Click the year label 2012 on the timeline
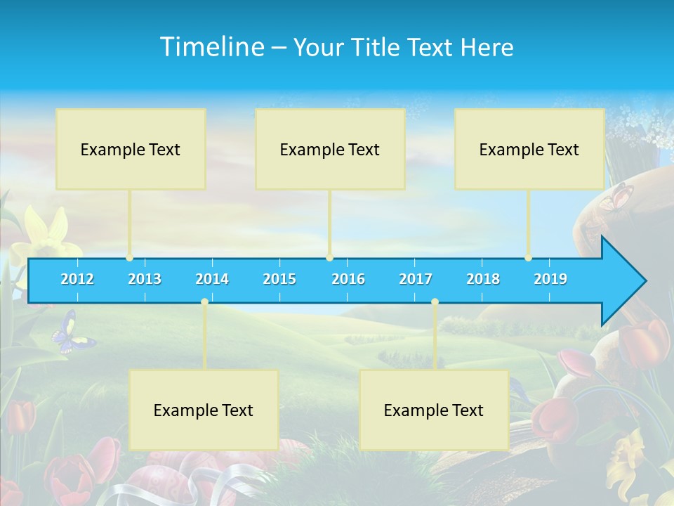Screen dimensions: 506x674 coord(77,279)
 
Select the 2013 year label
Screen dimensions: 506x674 coord(145,279)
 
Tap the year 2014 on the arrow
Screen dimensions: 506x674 coord(212,279)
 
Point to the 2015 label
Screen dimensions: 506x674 coord(279,279)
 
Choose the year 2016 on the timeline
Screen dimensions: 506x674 coord(348,279)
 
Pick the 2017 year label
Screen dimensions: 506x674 coord(416,279)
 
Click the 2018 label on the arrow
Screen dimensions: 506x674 coord(483,279)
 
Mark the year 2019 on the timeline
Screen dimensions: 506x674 coord(550,279)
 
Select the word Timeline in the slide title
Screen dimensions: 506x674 coord(212,47)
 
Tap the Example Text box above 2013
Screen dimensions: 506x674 coord(131,149)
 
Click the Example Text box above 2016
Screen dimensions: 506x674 coord(330,149)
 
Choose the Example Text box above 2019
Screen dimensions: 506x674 coord(529,149)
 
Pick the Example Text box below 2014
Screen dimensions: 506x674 coord(204,410)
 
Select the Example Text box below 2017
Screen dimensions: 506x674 coord(434,410)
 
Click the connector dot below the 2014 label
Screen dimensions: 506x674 coord(204,301)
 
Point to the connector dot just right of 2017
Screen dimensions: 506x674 coord(435,301)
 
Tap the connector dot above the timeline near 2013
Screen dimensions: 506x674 coord(129,258)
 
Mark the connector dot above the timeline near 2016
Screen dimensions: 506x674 coord(329,258)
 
